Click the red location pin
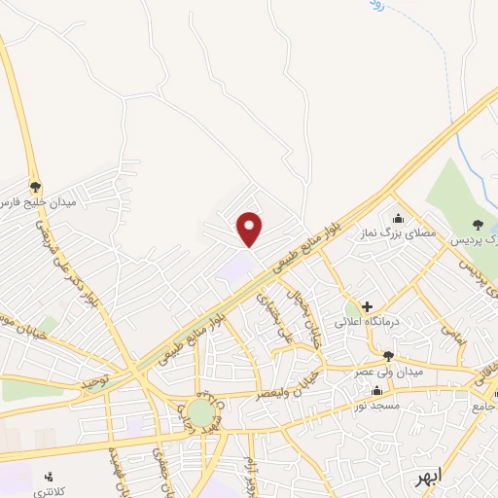tap(250, 229)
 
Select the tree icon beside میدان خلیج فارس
tap(36, 186)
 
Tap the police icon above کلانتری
tap(49, 477)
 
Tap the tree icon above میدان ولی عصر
tap(388, 356)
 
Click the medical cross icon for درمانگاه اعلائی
tap(367, 306)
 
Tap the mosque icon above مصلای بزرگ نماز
tap(397, 219)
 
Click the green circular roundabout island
tap(200, 413)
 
